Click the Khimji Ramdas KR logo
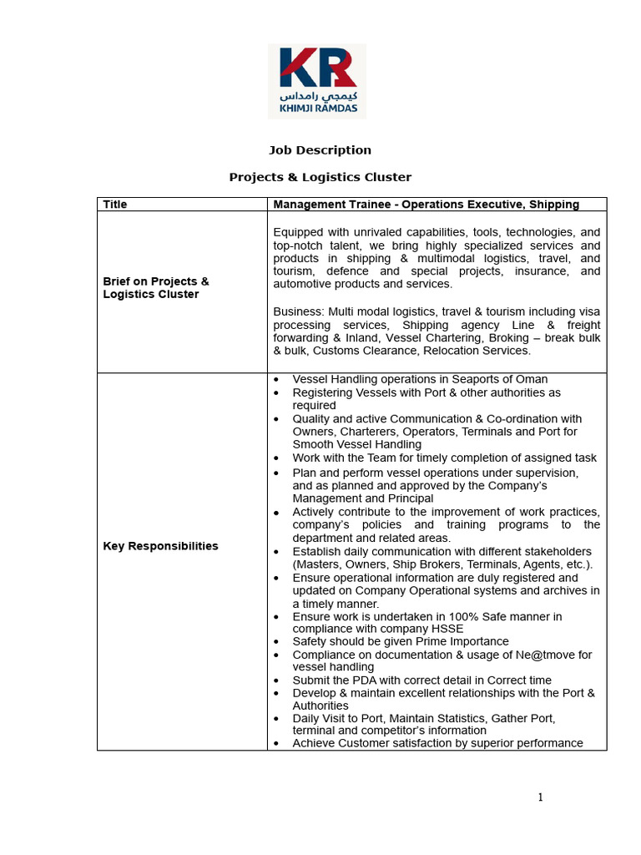tap(316, 81)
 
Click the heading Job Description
tap(320, 150)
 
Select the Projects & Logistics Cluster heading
tap(320, 177)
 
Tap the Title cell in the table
tap(115, 205)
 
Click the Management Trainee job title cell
tap(426, 205)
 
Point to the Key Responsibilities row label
tap(160, 546)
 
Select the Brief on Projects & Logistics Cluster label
tap(155, 288)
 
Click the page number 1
tap(540, 797)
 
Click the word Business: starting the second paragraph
tap(298, 311)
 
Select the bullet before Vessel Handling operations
tap(276, 380)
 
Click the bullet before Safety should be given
tap(276, 642)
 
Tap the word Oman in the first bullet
tap(532, 380)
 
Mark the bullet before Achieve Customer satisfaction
tap(276, 743)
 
